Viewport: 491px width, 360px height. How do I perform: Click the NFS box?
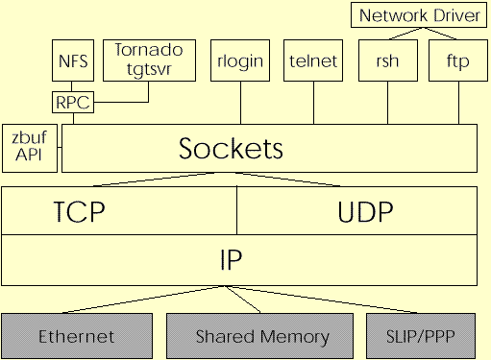[x=73, y=61]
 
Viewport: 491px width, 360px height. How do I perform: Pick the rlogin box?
[x=241, y=61]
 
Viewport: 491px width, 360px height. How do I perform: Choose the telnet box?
[x=313, y=61]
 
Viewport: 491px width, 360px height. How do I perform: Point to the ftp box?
[x=455, y=61]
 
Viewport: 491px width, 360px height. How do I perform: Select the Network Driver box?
[x=418, y=15]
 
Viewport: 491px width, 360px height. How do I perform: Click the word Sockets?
[x=232, y=149]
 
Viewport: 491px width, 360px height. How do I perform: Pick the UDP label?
[x=365, y=211]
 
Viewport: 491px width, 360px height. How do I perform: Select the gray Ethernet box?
[x=76, y=335]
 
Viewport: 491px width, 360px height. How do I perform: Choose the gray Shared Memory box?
[x=262, y=335]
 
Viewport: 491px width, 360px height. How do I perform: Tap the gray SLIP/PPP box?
[x=420, y=335]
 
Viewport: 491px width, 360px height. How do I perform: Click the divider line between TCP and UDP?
[x=237, y=211]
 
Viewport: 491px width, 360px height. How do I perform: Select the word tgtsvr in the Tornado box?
[x=141, y=68]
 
